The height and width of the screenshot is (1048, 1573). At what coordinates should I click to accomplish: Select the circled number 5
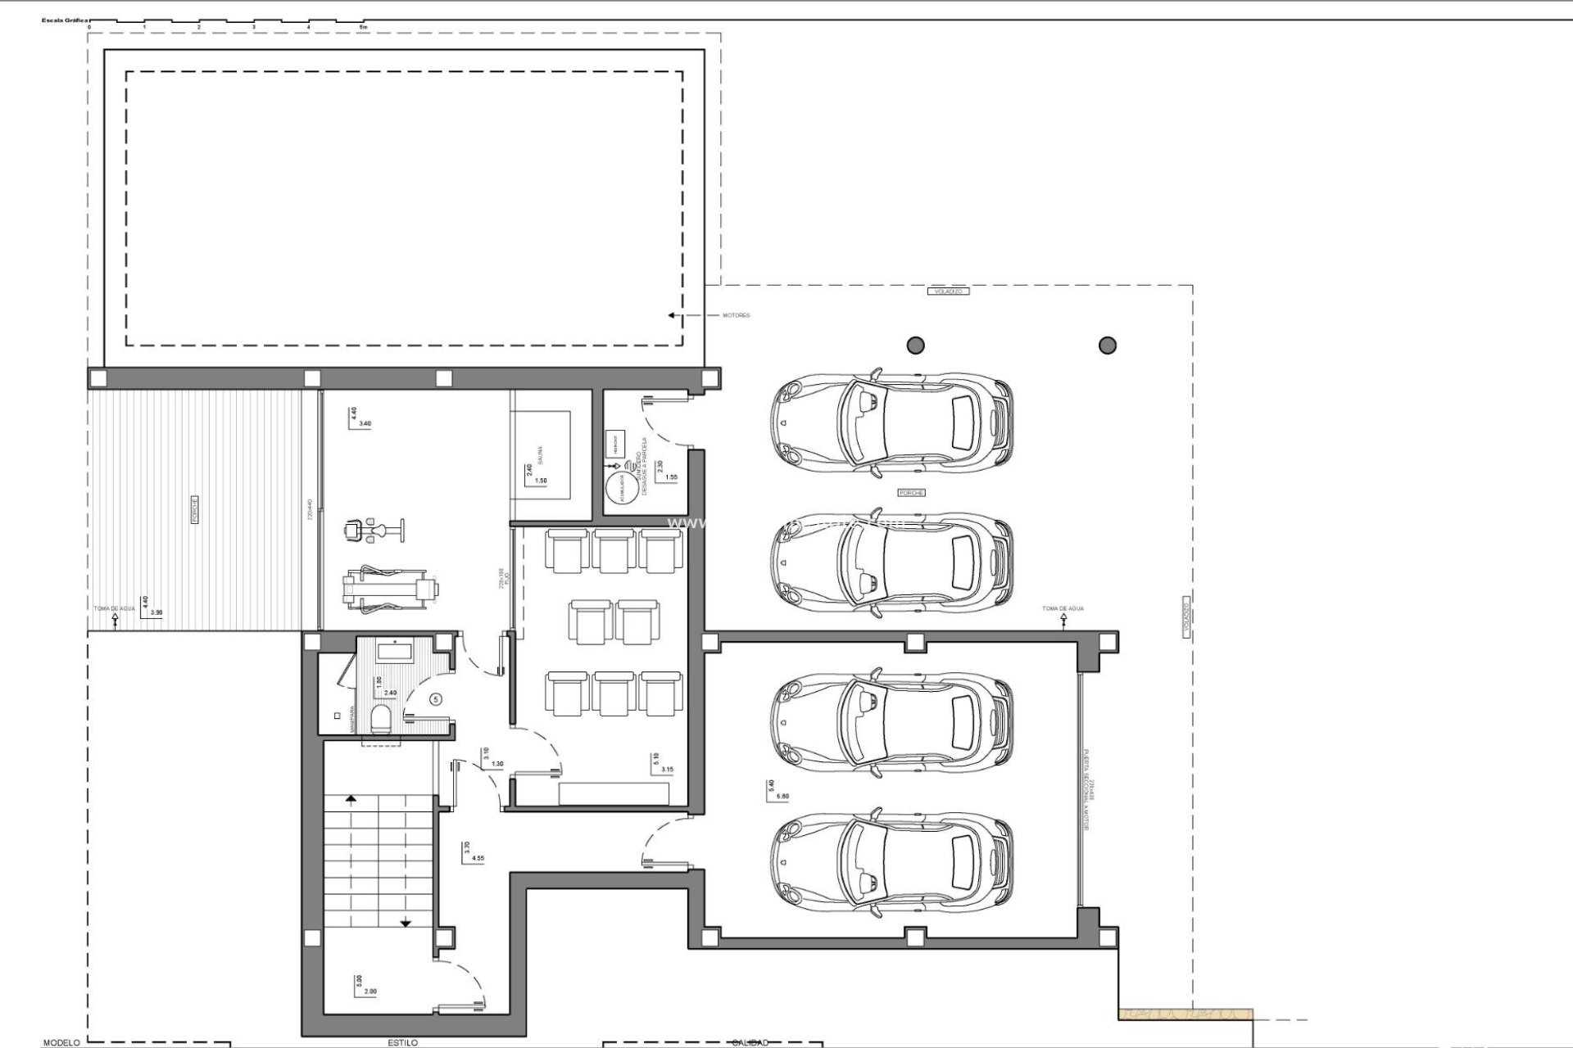tap(436, 698)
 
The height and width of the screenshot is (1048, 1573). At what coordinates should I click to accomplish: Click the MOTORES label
tap(736, 315)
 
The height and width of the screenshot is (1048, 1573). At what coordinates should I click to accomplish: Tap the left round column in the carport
tap(915, 345)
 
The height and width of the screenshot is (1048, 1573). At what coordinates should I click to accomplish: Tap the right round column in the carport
tap(1107, 345)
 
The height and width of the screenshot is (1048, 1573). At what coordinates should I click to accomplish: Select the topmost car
tap(891, 423)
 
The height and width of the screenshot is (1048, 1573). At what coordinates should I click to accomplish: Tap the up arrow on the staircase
tap(351, 798)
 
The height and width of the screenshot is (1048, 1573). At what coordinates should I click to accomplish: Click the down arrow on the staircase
tap(406, 923)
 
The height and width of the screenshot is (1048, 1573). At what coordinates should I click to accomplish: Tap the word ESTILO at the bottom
tap(402, 1042)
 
